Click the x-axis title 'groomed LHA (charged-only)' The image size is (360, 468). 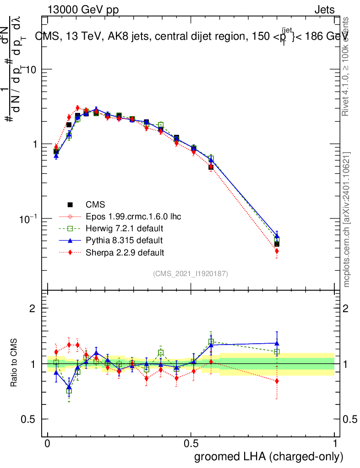(269, 457)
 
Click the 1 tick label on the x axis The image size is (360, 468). (334, 444)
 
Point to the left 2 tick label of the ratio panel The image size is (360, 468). (33, 308)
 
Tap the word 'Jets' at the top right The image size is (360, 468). (324, 10)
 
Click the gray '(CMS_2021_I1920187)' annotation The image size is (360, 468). (191, 273)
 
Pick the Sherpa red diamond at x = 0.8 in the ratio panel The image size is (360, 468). (277, 381)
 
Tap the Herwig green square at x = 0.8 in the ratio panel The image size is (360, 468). (277, 352)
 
